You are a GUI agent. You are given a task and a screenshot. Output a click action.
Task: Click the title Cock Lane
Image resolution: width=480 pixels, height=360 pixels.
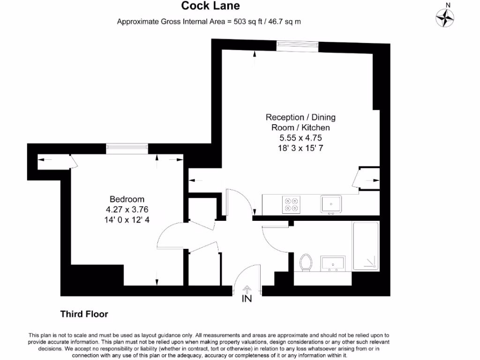click(x=210, y=6)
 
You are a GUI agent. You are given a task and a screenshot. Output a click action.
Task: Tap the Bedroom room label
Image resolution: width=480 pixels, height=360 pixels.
click(x=127, y=199)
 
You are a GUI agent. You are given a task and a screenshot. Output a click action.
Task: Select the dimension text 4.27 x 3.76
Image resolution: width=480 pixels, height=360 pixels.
click(x=127, y=209)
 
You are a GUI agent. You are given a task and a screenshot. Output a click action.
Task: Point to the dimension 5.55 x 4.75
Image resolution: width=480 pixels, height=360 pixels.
click(x=300, y=138)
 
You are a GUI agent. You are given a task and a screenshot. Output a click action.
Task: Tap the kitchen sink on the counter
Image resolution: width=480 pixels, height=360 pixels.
click(x=331, y=204)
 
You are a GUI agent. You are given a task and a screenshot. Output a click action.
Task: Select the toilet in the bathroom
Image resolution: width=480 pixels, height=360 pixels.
click(x=306, y=262)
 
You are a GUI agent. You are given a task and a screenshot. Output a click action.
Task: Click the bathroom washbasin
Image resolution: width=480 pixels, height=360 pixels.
click(x=332, y=263)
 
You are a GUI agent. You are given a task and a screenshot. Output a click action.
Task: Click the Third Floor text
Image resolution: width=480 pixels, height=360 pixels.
click(x=84, y=314)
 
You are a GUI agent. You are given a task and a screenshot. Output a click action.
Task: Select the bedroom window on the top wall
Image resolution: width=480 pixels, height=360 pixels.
click(x=127, y=148)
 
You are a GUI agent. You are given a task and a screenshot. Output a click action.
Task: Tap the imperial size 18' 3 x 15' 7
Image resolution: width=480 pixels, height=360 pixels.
click(x=300, y=148)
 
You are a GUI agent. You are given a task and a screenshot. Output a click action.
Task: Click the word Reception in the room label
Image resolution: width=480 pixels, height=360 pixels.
click(x=285, y=117)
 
